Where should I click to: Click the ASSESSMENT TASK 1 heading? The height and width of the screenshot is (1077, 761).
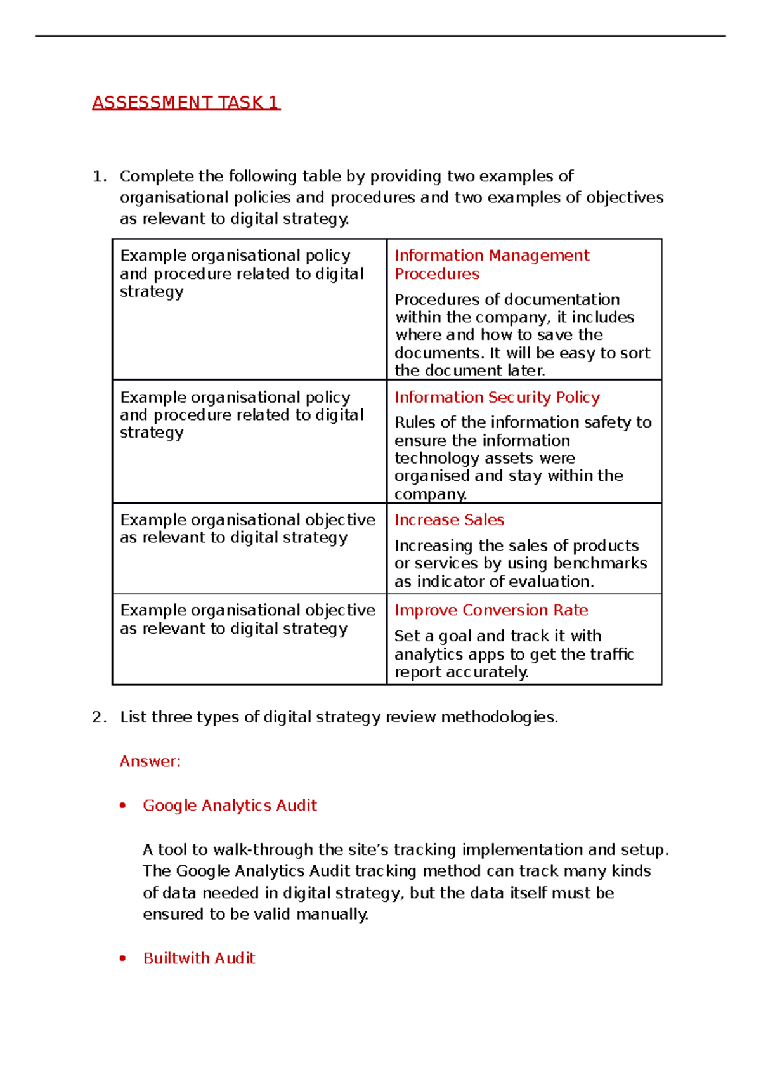(x=186, y=103)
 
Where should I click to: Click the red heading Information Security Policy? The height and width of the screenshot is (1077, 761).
(x=497, y=397)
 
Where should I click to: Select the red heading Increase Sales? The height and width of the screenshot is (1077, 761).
(x=449, y=520)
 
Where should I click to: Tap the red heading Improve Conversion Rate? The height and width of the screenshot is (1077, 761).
(x=491, y=610)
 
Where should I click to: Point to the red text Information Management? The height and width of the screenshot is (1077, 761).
(x=491, y=256)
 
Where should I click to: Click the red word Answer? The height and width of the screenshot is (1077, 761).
(x=150, y=761)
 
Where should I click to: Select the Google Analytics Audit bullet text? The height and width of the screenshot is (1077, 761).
(x=230, y=806)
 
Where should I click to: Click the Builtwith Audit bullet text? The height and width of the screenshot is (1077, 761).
(x=199, y=958)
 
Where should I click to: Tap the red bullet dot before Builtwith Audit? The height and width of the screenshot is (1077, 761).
(x=123, y=958)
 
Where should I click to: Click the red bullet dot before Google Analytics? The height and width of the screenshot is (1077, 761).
(x=123, y=806)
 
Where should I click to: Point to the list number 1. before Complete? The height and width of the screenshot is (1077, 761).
(x=99, y=176)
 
